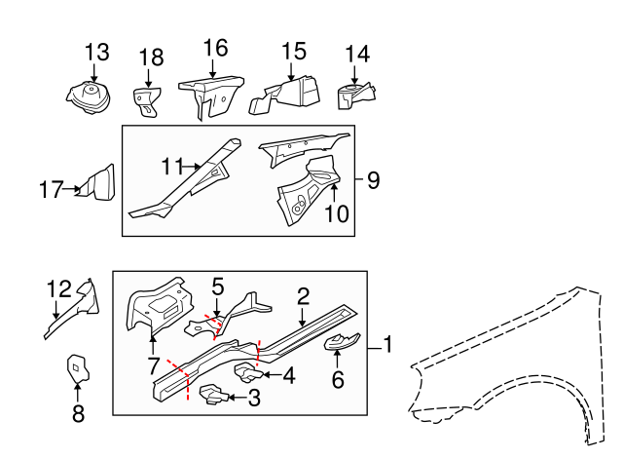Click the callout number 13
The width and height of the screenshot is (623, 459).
pos(96,52)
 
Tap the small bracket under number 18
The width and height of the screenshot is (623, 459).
pos(147,100)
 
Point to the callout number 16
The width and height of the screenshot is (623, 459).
pos(215,48)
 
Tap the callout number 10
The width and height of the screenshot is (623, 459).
pos(335,212)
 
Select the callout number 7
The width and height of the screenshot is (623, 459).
pos(152,365)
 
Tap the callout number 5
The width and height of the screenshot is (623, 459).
pos(217,287)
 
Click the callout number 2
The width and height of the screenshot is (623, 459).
pos(303,296)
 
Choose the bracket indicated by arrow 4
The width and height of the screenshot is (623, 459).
pos(247,371)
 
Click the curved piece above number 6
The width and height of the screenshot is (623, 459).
pos(340,340)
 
